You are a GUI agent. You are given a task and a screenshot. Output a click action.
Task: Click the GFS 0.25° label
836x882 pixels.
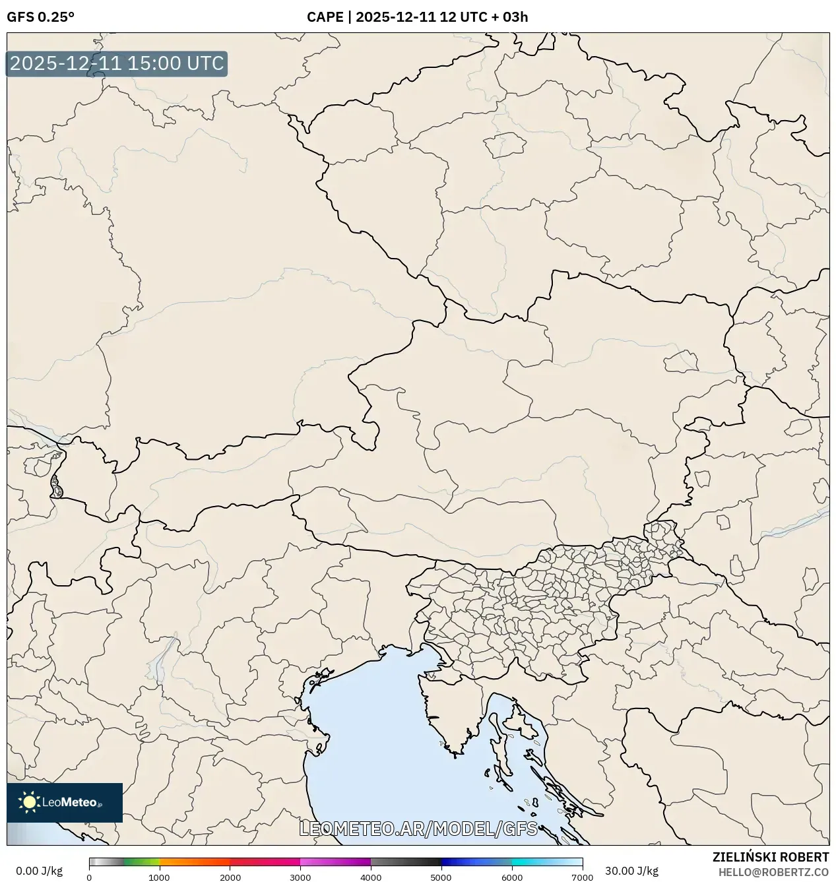tap(40, 17)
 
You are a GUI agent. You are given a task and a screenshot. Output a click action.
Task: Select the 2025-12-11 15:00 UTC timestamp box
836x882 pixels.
tap(117, 64)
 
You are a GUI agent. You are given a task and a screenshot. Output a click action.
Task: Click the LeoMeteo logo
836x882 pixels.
tap(65, 802)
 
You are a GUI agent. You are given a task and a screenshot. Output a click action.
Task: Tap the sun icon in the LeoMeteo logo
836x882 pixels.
tap(30, 802)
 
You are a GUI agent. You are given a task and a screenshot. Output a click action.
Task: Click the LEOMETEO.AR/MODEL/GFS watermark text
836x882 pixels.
tap(418, 829)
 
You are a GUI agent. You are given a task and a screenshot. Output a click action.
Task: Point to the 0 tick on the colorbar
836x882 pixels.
tap(89, 877)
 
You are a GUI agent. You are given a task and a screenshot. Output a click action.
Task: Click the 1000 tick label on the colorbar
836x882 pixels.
tap(159, 877)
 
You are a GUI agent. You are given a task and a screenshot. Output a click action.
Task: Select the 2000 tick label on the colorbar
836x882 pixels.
tap(230, 877)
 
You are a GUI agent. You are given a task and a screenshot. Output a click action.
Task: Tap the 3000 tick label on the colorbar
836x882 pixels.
tap(300, 877)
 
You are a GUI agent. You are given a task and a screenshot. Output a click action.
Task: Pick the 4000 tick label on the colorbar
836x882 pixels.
tap(371, 877)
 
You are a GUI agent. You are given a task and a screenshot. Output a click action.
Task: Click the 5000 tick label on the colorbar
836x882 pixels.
tap(441, 877)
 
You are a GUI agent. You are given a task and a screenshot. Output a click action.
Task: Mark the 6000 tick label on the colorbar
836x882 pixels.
tap(512, 877)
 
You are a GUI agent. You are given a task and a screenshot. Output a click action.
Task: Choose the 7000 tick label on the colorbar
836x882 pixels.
tap(582, 877)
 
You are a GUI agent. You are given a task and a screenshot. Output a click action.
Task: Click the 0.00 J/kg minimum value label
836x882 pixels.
tap(39, 870)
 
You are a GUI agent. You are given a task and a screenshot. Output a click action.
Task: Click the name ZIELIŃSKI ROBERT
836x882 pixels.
tap(770, 857)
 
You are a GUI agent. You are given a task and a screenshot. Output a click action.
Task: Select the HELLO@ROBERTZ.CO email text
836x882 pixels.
tap(773, 872)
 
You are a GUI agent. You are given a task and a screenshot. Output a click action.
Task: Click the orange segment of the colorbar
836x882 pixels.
tap(195, 862)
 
